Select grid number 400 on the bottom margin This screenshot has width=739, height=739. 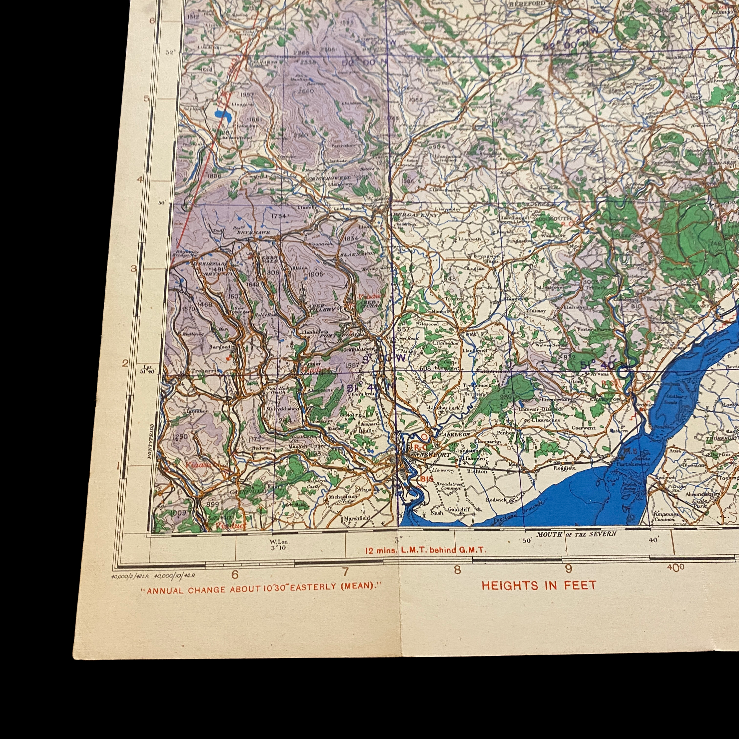(x=675, y=568)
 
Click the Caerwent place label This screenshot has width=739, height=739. (x=584, y=428)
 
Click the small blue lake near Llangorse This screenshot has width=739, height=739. (x=222, y=115)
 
